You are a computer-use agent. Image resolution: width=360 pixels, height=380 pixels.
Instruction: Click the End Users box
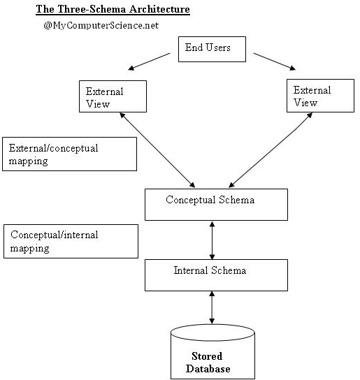[x=212, y=49]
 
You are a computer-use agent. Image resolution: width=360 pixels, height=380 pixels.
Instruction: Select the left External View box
[x=113, y=96]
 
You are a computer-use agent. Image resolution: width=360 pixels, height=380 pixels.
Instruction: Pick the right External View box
[x=320, y=96]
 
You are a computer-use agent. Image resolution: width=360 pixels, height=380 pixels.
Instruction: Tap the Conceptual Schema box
[x=217, y=205]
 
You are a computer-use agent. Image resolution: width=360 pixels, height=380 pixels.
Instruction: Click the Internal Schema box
[x=217, y=275]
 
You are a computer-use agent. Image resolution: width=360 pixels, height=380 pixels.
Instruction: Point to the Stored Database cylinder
[x=213, y=352]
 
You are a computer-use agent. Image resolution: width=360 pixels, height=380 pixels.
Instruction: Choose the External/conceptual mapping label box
[x=70, y=154]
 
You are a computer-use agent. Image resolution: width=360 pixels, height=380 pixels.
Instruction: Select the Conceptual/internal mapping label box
[x=71, y=241]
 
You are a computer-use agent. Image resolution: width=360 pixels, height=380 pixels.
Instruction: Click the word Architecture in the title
[x=159, y=9]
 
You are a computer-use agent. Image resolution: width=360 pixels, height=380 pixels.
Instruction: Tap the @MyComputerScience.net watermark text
[x=101, y=25]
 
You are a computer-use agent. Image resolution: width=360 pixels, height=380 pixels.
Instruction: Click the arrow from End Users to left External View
[x=149, y=61]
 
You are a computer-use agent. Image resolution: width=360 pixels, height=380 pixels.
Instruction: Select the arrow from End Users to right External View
[x=274, y=61]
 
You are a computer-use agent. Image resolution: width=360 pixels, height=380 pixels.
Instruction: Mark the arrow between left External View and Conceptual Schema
[x=157, y=150]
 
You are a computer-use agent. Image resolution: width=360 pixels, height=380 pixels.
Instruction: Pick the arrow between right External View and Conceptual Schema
[x=271, y=150]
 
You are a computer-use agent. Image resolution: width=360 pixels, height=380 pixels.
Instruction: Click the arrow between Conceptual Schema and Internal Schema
[x=212, y=240]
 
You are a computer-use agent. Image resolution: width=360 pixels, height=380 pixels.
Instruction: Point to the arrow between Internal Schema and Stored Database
[x=212, y=307]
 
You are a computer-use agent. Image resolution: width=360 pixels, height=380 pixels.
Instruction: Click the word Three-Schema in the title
[x=92, y=9]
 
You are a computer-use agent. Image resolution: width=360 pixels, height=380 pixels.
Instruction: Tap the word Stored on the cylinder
[x=207, y=356]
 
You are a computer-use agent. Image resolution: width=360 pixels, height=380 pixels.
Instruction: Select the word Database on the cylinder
[x=208, y=369]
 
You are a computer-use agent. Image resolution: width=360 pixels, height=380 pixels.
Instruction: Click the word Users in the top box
[x=218, y=47]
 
